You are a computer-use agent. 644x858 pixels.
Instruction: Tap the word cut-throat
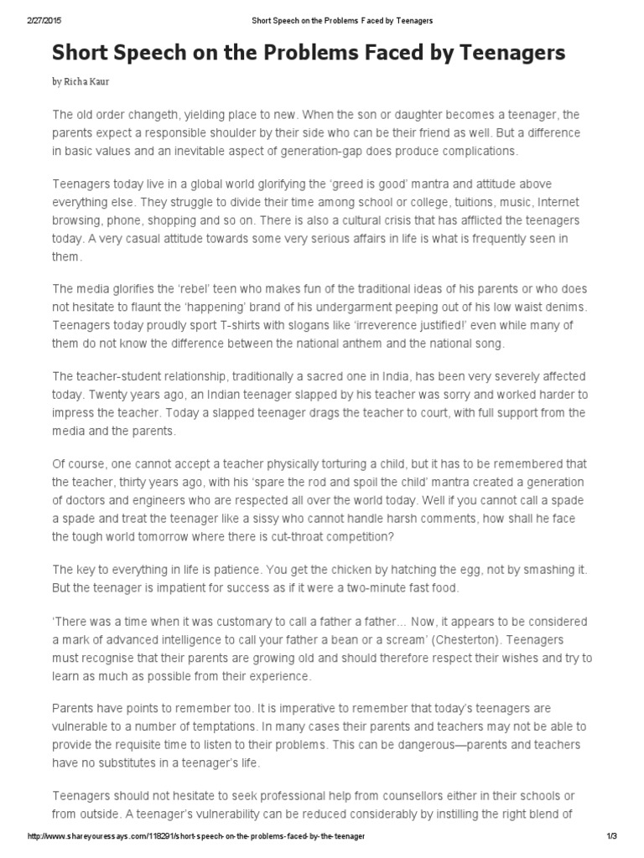coord(302,536)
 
